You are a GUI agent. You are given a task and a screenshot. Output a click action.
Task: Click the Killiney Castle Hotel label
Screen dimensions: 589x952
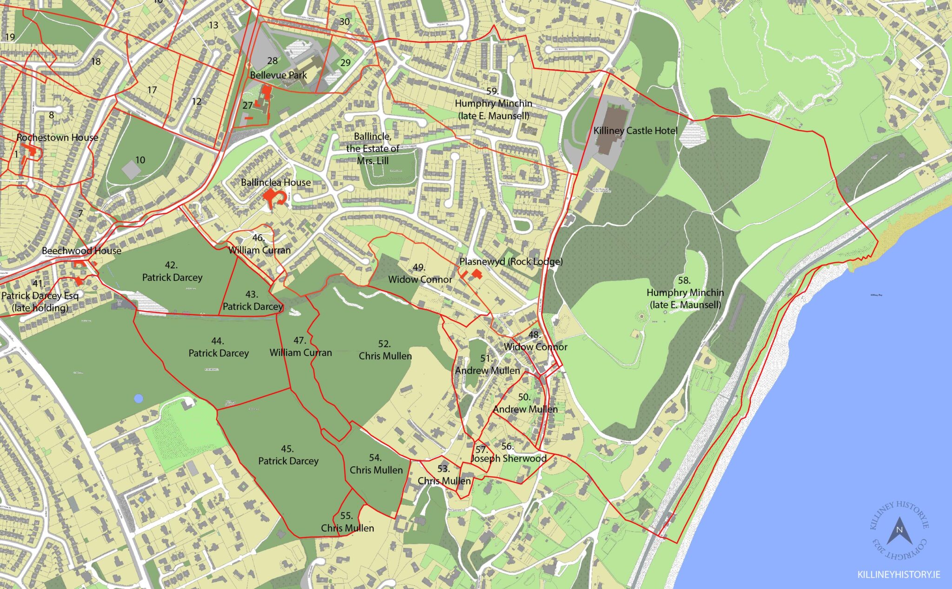(635, 131)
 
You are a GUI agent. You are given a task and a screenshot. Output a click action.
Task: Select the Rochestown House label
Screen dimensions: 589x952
(57, 137)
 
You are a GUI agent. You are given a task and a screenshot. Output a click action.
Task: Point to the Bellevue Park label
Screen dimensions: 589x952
(278, 75)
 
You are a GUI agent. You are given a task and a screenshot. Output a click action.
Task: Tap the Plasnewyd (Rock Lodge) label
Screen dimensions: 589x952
(510, 261)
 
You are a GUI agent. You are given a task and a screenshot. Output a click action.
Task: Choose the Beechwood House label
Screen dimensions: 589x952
(81, 251)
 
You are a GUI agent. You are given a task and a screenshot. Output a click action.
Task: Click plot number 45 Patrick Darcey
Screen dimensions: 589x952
(288, 455)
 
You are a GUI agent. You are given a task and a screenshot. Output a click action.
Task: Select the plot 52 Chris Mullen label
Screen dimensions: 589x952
(385, 350)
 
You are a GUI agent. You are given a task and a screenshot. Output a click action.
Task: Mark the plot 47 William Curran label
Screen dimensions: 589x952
(300, 347)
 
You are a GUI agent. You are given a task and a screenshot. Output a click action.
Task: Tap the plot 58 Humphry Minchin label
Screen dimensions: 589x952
(685, 292)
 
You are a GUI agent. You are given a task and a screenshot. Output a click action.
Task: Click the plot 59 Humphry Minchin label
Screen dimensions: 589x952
(493, 103)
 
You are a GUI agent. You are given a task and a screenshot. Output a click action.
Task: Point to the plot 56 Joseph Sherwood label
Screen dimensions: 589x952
(509, 453)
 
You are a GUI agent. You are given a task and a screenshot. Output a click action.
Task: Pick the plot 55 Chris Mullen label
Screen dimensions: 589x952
(347, 522)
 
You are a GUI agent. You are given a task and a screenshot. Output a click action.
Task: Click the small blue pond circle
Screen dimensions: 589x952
(138, 398)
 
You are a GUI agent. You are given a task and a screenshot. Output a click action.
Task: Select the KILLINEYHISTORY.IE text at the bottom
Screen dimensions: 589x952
(899, 575)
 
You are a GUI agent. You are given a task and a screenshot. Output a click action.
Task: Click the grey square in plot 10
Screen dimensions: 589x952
(132, 169)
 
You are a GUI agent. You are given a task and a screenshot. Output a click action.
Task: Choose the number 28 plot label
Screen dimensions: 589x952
(272, 60)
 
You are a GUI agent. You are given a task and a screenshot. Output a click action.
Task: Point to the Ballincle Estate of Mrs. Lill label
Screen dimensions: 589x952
(372, 148)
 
